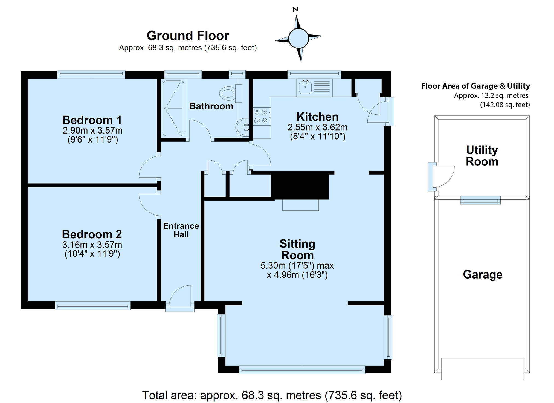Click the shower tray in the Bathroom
[x=173, y=108]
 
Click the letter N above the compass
[x=295, y=10]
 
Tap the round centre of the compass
[x=298, y=38]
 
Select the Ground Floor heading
[x=188, y=36]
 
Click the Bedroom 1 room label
[x=92, y=120]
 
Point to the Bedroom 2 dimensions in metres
[x=92, y=245]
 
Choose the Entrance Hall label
[x=181, y=230]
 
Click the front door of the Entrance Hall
[x=180, y=298]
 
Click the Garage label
[x=483, y=275]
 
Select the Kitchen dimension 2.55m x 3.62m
[x=318, y=127]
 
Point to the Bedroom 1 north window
[x=91, y=74]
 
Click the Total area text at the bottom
[x=272, y=395]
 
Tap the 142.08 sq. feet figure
[x=505, y=105]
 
